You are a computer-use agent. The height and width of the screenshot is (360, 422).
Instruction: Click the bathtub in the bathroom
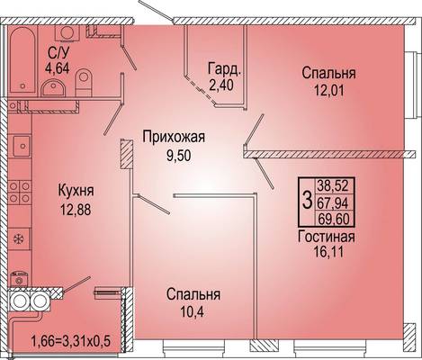click(x=22, y=60)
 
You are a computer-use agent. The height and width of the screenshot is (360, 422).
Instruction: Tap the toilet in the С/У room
click(x=84, y=83)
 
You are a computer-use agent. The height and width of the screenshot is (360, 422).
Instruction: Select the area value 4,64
click(x=58, y=67)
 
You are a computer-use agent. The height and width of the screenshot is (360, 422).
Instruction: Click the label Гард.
click(x=224, y=68)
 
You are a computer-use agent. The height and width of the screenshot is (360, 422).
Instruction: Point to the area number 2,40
click(x=221, y=85)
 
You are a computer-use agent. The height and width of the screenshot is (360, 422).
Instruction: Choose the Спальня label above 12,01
click(x=328, y=74)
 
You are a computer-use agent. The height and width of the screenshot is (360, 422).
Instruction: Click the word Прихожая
click(x=174, y=138)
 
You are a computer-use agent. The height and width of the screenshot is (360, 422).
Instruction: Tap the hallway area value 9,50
click(x=179, y=156)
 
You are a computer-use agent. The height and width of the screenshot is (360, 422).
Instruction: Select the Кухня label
click(x=76, y=191)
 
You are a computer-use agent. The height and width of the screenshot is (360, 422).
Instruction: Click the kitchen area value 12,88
click(x=76, y=210)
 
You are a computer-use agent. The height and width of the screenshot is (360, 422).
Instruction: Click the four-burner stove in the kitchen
click(x=20, y=192)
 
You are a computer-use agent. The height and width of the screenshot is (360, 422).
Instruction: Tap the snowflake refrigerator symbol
click(x=19, y=239)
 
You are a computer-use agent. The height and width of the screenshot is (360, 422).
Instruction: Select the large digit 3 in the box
click(x=307, y=201)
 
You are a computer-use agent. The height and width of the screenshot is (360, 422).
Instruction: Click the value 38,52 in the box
click(x=334, y=185)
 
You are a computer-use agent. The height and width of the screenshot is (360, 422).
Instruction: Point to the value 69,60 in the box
click(x=334, y=219)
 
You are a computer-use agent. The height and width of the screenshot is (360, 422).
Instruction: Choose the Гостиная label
click(x=327, y=237)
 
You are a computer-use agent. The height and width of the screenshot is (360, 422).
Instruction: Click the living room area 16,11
click(x=328, y=251)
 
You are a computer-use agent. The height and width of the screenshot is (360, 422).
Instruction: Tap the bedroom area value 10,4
click(x=192, y=312)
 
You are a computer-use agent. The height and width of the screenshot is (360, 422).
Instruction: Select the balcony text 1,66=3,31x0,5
click(x=71, y=341)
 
